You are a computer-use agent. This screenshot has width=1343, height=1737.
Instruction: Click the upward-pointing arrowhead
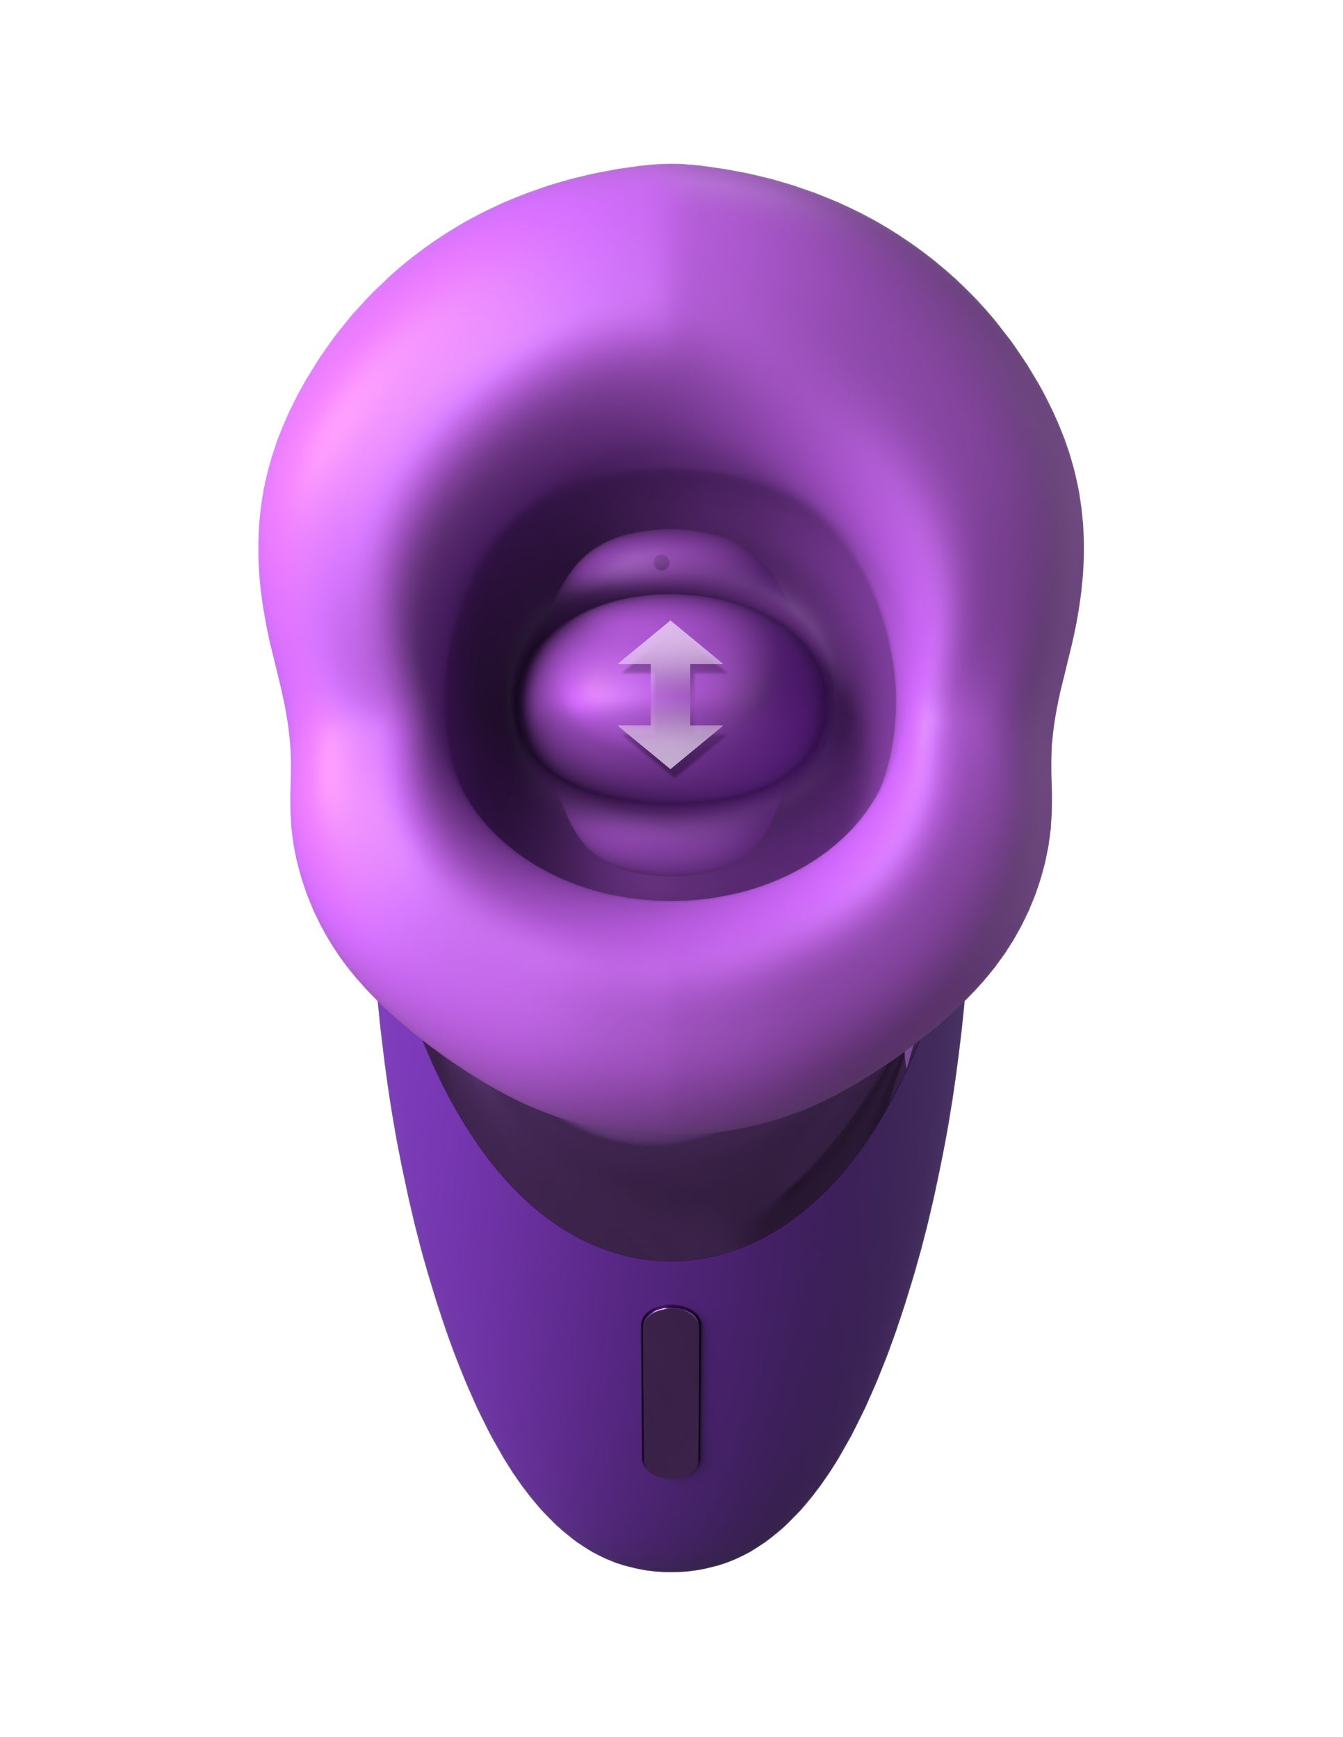click(x=670, y=645)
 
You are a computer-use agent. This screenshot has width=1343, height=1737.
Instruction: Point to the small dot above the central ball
click(x=661, y=562)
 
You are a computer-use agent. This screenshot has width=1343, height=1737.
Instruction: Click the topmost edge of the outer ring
click(x=671, y=165)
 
